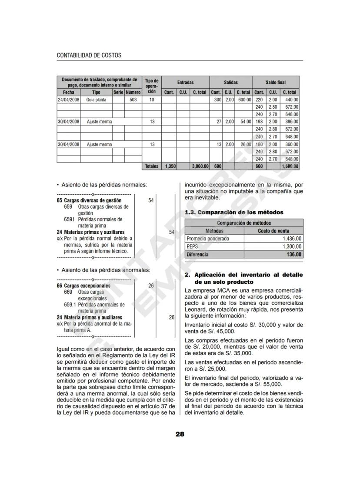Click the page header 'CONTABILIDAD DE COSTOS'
(89, 56)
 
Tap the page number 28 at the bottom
(180, 434)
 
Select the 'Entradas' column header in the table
(185, 82)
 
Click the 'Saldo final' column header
(276, 82)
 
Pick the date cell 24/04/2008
(68, 100)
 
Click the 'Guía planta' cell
(96, 100)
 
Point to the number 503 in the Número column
(133, 100)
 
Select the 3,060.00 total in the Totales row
(200, 166)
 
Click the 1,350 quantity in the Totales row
(169, 166)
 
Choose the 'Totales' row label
(152, 166)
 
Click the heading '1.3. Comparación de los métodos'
(234, 212)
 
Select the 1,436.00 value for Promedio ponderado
(292, 239)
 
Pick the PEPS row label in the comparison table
(192, 246)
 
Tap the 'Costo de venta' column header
(273, 231)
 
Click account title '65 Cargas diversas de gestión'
(89, 201)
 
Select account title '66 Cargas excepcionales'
(83, 286)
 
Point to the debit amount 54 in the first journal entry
(151, 200)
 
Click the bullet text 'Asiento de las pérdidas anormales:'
(106, 270)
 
